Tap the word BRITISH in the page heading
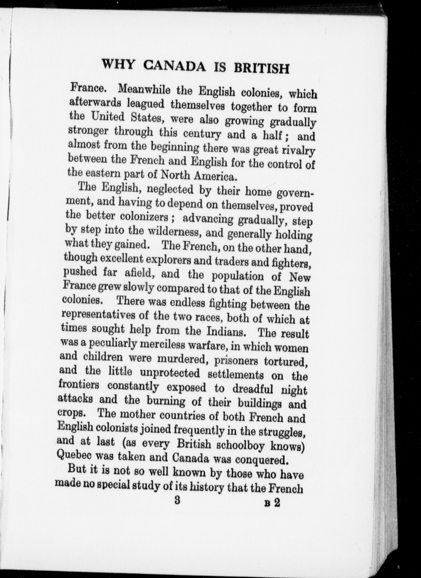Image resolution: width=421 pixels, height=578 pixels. pos(262,68)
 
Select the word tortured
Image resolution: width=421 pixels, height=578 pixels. pos(285,362)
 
